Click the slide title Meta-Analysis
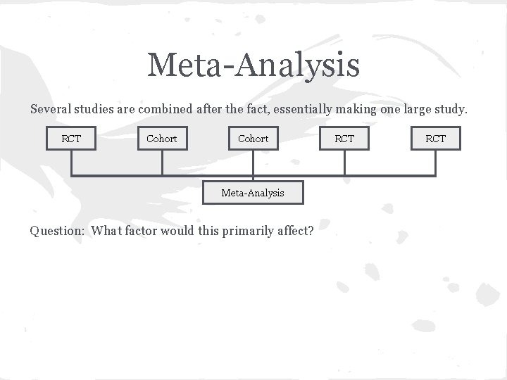coord(254,65)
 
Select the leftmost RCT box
coord(71,139)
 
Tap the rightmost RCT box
coord(436,139)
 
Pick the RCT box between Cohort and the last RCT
coord(344,139)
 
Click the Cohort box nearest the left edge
coord(162,139)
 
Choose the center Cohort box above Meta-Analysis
coord(254,139)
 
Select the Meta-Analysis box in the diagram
coord(253,192)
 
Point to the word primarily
coord(246,231)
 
